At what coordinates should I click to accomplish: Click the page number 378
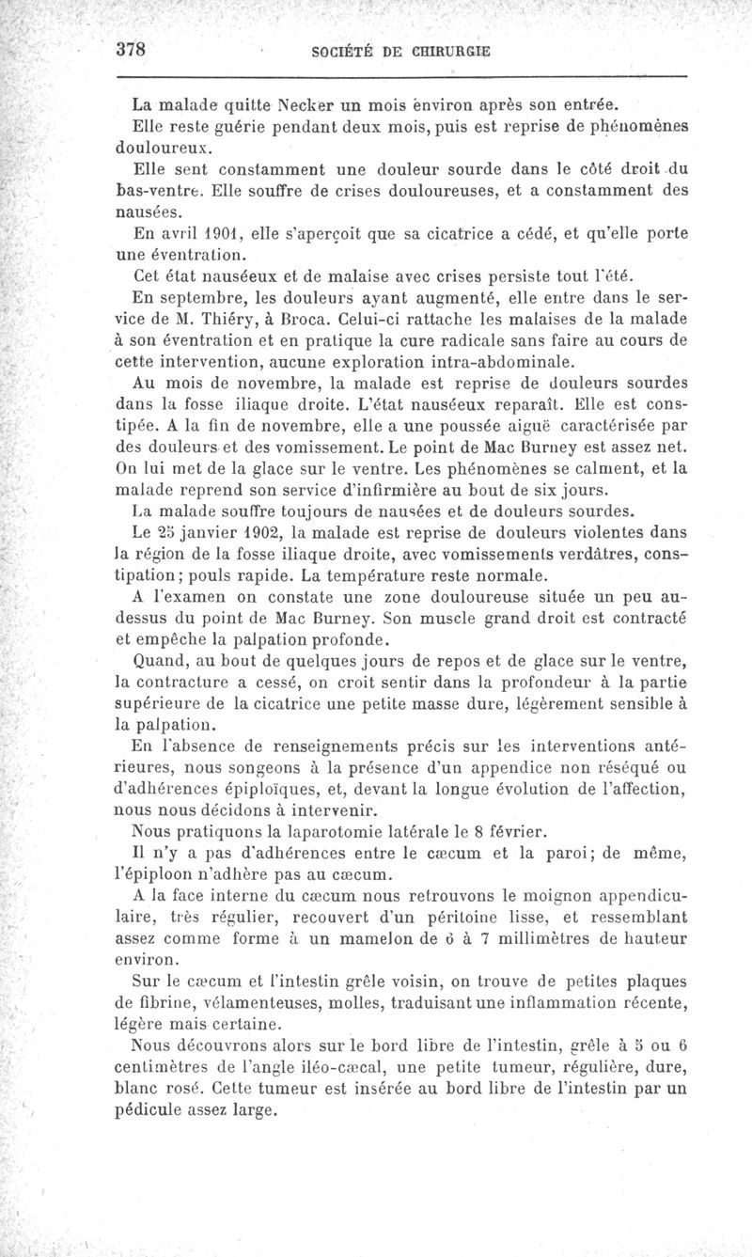(133, 52)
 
